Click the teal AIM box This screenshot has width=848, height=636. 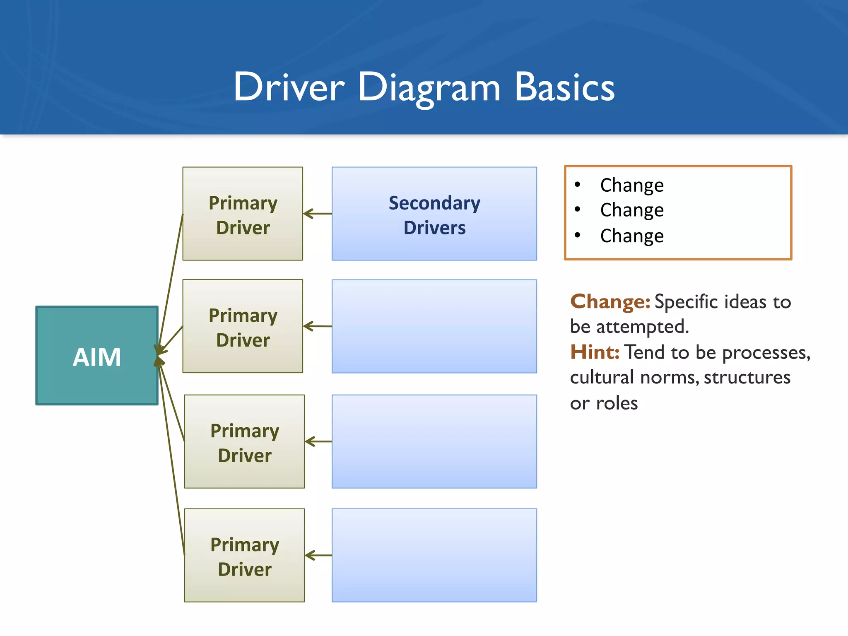(x=97, y=356)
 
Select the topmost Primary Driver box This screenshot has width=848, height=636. (x=243, y=214)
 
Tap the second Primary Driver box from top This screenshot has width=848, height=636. (x=243, y=326)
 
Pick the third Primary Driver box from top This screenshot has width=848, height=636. (x=244, y=441)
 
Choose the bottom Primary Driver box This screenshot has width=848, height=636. (x=244, y=555)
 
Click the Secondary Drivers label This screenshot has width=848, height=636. (x=434, y=215)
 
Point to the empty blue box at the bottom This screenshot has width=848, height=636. (x=434, y=555)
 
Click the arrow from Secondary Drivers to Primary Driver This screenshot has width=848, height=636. (x=318, y=214)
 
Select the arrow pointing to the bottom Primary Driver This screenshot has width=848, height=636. (x=318, y=555)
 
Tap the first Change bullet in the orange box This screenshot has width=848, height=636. (x=631, y=185)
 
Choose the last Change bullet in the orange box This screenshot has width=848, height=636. (x=631, y=236)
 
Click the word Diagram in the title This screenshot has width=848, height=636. (x=429, y=88)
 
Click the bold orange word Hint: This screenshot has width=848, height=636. (x=595, y=352)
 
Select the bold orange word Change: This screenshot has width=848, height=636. (x=610, y=301)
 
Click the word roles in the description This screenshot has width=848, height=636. (x=617, y=403)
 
